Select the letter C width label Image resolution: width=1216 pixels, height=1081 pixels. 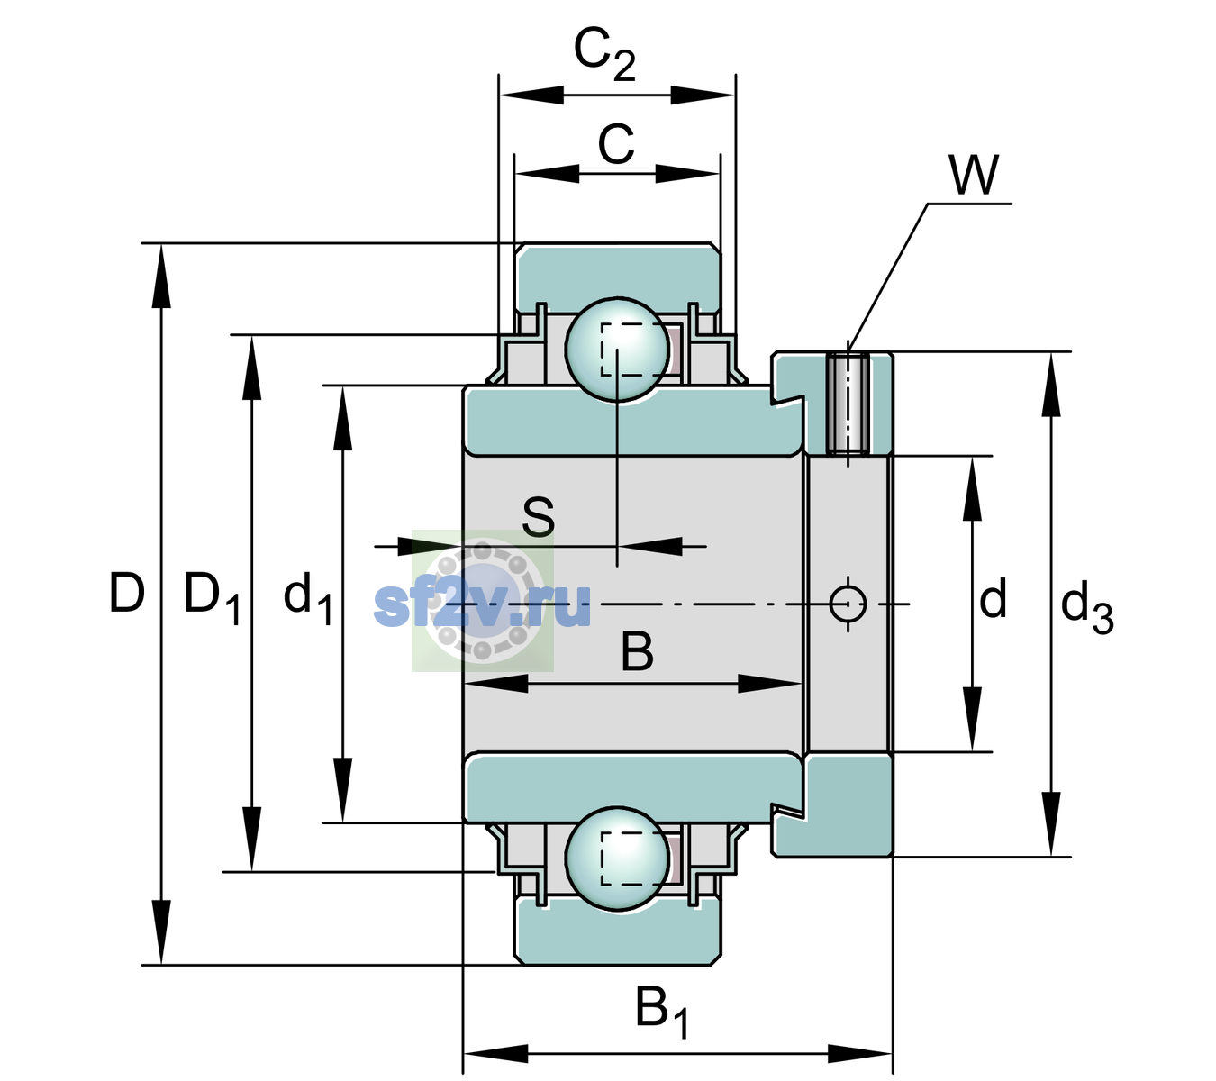[616, 144]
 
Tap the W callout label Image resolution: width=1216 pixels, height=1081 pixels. [974, 175]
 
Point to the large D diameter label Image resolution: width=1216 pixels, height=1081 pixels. [127, 593]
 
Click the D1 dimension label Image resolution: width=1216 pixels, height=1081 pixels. [213, 598]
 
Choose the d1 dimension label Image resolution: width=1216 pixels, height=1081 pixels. [308, 598]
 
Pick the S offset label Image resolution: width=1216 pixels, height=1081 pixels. [539, 517]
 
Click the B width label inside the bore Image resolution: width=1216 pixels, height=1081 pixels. [637, 652]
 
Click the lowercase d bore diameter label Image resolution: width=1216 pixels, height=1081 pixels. [993, 598]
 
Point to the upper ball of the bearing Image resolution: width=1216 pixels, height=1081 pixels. [617, 350]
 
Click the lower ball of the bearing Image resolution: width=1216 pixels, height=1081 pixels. [617, 858]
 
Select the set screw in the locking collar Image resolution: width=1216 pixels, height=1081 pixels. [848, 403]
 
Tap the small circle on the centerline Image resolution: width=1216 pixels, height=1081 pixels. [848, 604]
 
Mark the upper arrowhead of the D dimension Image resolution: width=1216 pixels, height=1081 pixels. [161, 276]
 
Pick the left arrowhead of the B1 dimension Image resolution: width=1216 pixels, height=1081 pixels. [495, 1053]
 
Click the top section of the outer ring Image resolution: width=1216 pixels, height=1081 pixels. [618, 277]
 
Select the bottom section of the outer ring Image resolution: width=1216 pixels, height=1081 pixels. [618, 931]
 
